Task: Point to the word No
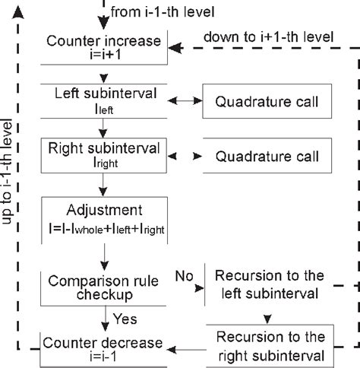click(184, 272)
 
